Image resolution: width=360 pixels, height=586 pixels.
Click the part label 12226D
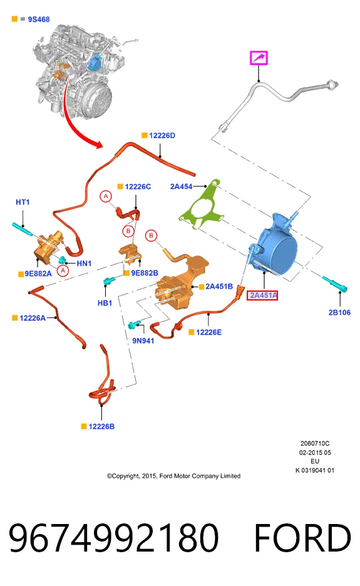[162, 135]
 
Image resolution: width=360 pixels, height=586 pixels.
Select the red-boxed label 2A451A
[262, 296]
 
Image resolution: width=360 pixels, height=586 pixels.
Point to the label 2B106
[339, 312]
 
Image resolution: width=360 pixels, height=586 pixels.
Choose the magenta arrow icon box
[259, 58]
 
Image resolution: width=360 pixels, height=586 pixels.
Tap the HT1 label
[23, 202]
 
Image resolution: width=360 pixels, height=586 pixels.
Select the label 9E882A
[38, 274]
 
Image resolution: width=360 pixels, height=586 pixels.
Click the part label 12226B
[101, 426]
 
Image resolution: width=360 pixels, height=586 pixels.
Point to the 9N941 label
[143, 341]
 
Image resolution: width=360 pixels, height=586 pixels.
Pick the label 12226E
[208, 332]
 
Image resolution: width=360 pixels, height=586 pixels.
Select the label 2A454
[182, 186]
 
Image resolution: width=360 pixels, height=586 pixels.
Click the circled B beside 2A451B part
[151, 235]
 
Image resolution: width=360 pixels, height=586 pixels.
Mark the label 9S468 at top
[39, 19]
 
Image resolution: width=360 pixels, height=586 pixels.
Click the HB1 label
[105, 303]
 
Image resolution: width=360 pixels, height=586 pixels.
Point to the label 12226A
[33, 318]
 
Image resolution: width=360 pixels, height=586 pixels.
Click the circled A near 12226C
[106, 196]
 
